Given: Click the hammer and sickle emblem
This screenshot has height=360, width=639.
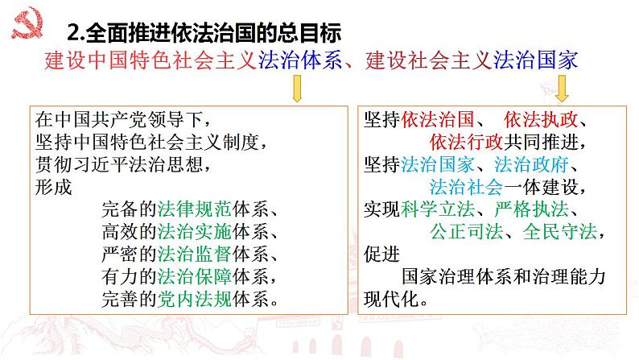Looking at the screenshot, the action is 27,24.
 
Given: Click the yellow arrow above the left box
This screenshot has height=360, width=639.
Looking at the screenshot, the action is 297,88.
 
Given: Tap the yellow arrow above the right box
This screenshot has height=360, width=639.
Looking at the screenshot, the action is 562,88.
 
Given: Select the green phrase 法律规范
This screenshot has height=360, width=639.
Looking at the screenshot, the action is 195,209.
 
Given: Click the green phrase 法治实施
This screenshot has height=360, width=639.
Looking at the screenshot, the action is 195,232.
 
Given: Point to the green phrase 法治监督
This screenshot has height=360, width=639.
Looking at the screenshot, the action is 195,254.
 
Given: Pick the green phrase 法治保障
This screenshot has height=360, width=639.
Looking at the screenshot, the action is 195,276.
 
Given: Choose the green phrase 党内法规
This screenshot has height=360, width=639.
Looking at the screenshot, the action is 195,299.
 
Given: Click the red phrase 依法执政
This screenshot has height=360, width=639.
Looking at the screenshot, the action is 541,119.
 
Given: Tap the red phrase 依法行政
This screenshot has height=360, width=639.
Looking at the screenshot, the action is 467,142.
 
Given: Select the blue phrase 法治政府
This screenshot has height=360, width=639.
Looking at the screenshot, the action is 531,165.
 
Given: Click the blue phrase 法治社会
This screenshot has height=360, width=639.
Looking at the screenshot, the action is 467,187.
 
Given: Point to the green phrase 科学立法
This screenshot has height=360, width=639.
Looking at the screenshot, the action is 438,209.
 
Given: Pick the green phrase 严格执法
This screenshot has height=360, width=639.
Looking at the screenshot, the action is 531,209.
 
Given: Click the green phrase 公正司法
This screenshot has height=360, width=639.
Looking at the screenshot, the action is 467,232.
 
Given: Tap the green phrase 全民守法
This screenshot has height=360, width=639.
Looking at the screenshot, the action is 560,232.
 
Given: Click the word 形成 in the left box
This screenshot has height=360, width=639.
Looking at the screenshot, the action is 53,187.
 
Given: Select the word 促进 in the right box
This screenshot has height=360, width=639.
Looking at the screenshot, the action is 381,254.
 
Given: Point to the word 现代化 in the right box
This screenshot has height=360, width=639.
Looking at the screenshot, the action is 391,299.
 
